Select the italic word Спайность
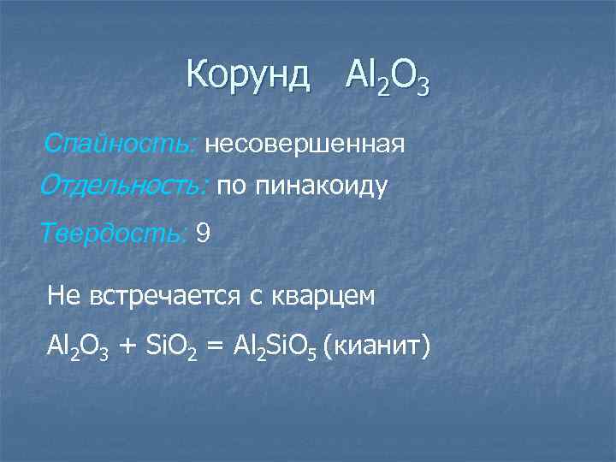point(121,142)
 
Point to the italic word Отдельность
point(124,186)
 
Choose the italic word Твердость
point(115,232)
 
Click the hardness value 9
point(203,232)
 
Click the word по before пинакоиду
point(229,187)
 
